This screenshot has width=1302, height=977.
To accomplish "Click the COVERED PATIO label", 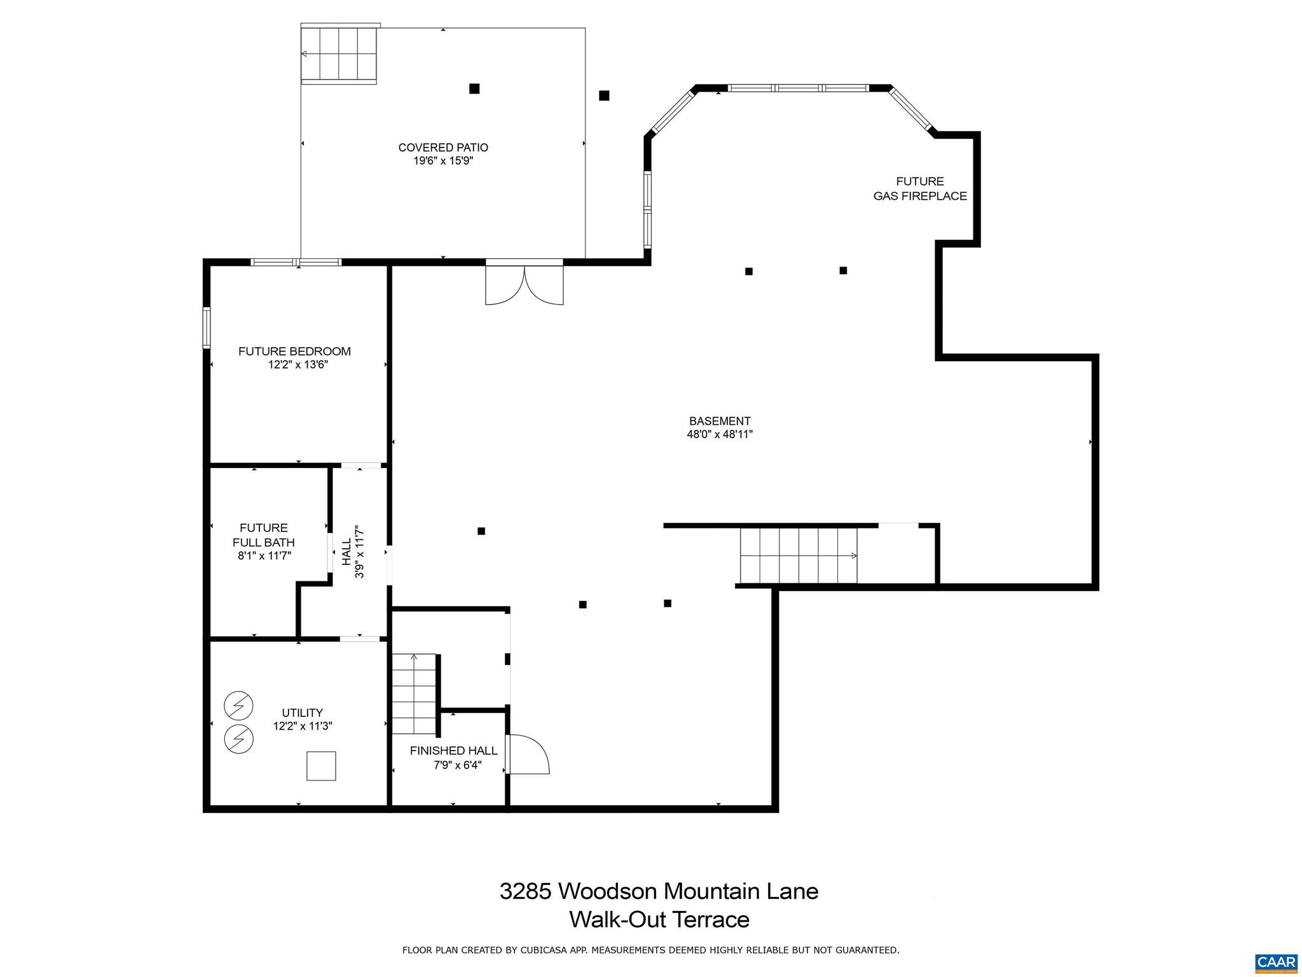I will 443,148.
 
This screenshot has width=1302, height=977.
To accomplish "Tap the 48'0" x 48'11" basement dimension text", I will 720,434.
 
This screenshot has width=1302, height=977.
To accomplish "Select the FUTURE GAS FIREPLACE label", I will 919,189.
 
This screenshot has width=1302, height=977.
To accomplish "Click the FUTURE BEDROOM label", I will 294,351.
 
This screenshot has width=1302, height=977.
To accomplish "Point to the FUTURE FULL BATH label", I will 263,535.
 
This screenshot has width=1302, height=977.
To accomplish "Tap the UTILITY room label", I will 303,712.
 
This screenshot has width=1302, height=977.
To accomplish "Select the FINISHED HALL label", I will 453,751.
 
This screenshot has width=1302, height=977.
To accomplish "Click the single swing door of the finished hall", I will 528,754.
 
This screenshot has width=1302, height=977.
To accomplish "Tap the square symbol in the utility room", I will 321,766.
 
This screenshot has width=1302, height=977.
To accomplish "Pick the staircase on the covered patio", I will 339,54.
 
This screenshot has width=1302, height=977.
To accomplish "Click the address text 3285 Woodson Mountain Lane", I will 659,891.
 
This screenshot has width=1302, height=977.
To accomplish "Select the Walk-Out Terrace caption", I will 659,920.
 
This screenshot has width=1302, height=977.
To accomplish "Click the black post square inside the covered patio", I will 474,88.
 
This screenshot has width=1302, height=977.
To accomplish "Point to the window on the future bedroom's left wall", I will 207,327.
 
